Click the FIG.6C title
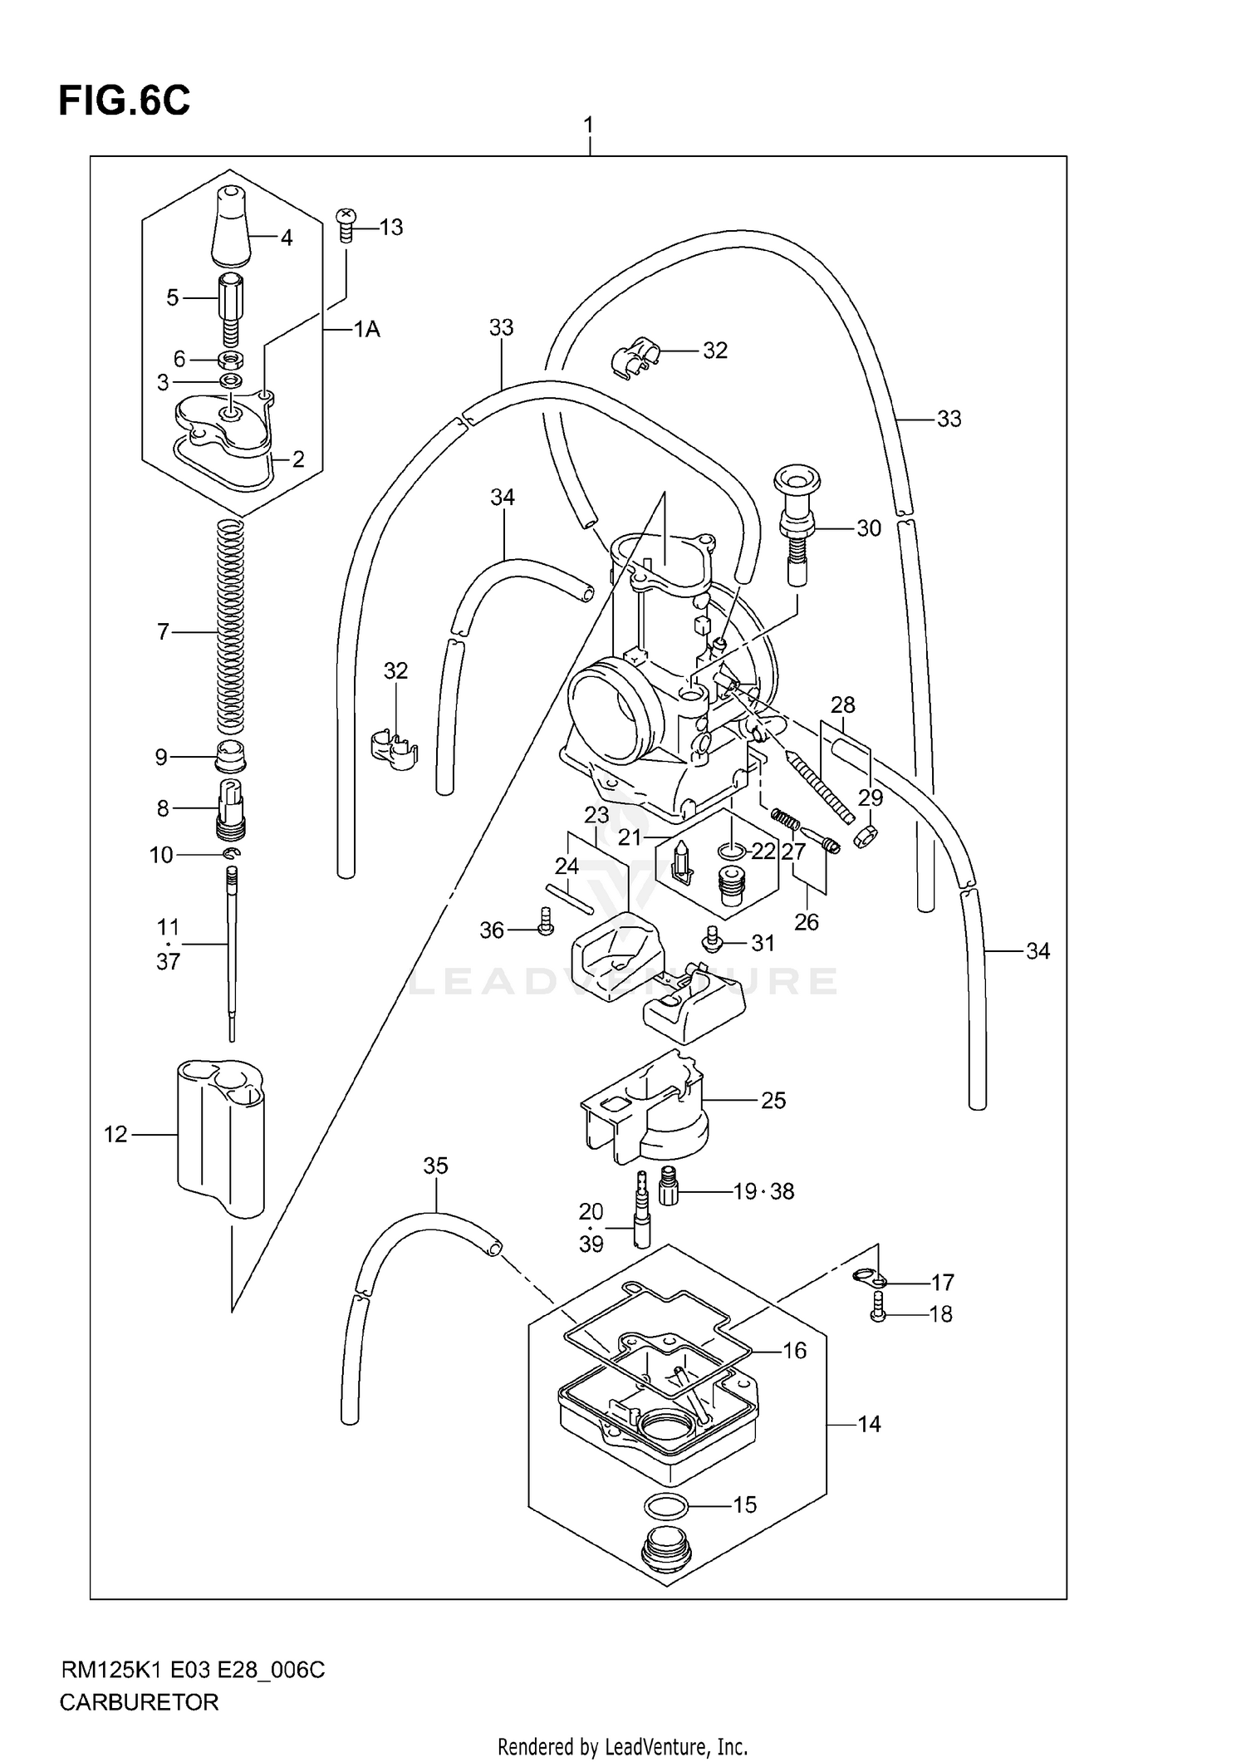[125, 101]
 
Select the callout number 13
[390, 227]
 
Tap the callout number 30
[868, 528]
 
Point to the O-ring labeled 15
[665, 1503]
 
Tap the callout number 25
[773, 1101]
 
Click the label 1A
[366, 330]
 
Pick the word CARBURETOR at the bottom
[139, 1702]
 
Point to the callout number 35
[435, 1166]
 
